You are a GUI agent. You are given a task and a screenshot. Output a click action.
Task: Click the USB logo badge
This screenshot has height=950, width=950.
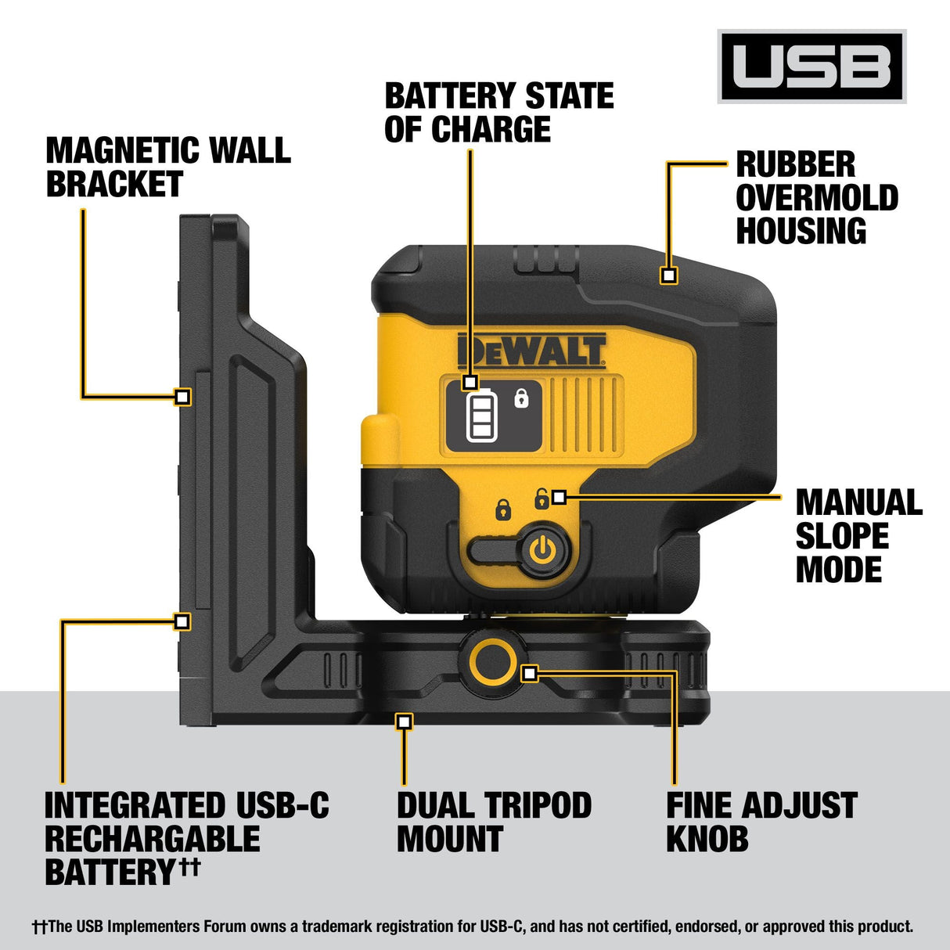pyautogui.click(x=811, y=67)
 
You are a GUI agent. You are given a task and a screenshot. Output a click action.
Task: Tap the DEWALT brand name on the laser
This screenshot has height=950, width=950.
pyautogui.click(x=531, y=351)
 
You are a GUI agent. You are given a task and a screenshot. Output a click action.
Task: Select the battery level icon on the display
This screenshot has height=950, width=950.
pyautogui.click(x=481, y=416)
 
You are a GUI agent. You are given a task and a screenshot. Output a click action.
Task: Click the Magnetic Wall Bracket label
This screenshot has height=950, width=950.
pyautogui.click(x=167, y=167)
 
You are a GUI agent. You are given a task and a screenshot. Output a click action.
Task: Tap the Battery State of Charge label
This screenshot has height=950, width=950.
pyautogui.click(x=498, y=113)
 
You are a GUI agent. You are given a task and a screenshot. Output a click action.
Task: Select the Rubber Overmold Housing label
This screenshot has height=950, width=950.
pyautogui.click(x=816, y=198)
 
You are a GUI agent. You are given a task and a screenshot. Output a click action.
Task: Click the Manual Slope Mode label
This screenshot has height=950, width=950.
pyautogui.click(x=858, y=536)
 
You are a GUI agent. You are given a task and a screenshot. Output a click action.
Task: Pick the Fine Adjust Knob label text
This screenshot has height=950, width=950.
pyautogui.click(x=761, y=822)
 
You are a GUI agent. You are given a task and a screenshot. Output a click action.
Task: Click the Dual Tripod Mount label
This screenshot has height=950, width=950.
pyautogui.click(x=493, y=822)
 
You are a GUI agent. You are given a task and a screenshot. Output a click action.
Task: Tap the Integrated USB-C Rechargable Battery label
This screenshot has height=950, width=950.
pyautogui.click(x=186, y=838)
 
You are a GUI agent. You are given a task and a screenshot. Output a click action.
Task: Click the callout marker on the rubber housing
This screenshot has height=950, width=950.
pyautogui.click(x=668, y=275)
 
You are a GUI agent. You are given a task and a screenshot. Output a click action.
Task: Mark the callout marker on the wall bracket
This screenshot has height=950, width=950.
pyautogui.click(x=182, y=397)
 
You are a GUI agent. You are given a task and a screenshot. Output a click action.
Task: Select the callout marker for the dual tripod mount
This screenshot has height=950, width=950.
pyautogui.click(x=404, y=721)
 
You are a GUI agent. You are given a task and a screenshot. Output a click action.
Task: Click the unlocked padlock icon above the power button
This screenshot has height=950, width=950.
pyautogui.click(x=541, y=498)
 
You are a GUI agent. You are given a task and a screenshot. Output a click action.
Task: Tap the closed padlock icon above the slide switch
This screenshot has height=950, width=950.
pyautogui.click(x=503, y=509)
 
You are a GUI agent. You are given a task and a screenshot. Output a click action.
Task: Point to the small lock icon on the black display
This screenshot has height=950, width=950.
pyautogui.click(x=521, y=398)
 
